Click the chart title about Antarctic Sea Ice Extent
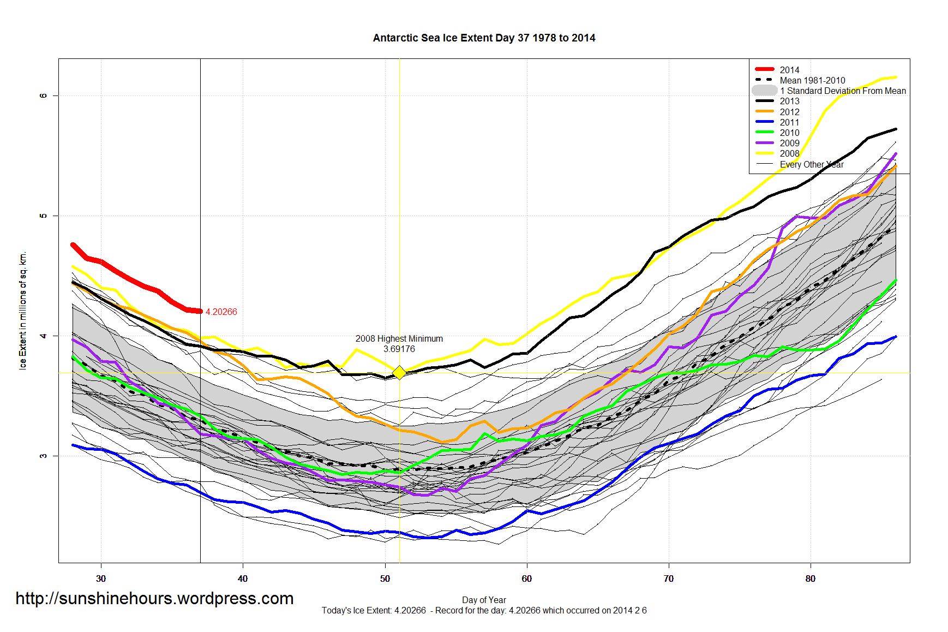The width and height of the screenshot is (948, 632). [x=484, y=38]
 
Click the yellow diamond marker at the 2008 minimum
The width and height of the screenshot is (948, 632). [x=399, y=373]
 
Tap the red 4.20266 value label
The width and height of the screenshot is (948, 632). [x=221, y=312]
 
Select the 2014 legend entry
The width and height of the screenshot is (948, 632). [x=789, y=70]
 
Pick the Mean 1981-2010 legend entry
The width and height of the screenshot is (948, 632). [x=812, y=80]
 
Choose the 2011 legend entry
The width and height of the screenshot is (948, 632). [x=789, y=122]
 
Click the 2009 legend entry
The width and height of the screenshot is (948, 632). [x=789, y=143]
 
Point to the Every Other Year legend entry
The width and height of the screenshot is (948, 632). [x=811, y=164]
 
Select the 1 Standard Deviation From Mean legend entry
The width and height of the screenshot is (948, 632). [x=842, y=91]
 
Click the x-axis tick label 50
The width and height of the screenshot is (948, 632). [x=385, y=579]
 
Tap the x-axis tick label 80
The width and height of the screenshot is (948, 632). [x=811, y=579]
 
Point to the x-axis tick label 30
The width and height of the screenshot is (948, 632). [x=101, y=579]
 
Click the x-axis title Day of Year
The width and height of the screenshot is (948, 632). [x=484, y=600]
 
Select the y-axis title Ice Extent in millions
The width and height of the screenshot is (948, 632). [x=22, y=311]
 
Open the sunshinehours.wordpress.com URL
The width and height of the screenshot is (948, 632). [x=154, y=598]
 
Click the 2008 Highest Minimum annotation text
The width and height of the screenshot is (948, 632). [x=399, y=338]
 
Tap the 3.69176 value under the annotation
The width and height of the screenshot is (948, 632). [x=399, y=349]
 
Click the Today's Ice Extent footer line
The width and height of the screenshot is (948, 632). [x=484, y=610]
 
